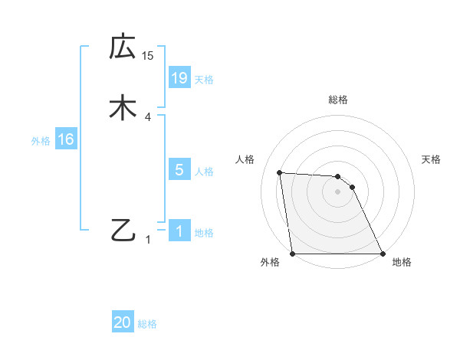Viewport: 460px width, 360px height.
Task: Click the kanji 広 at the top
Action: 123,47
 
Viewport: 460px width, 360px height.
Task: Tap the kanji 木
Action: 123,108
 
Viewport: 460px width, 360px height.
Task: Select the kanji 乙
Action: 123,230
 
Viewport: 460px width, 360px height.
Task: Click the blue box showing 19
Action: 179,77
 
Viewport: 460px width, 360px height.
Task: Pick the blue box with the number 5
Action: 179,170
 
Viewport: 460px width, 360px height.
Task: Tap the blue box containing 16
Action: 65,139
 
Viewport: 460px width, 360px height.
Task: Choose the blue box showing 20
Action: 123,323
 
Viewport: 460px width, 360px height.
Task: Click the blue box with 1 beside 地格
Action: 179,231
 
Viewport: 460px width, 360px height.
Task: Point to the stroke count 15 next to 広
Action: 148,56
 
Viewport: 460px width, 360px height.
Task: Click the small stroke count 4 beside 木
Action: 148,117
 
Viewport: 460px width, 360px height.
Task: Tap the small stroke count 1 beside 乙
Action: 148,240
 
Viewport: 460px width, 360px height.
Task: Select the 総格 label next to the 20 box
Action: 147,325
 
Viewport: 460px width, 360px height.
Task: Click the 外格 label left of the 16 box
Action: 41,141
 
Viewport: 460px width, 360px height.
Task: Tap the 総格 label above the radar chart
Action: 338,100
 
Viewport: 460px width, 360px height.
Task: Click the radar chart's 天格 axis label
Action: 432,159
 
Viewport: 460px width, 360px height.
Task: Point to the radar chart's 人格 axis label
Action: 245,159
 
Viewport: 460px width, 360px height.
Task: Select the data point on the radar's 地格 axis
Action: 383,254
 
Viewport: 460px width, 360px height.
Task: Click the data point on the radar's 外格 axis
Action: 293,254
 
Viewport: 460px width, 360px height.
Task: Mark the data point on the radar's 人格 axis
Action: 280,173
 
